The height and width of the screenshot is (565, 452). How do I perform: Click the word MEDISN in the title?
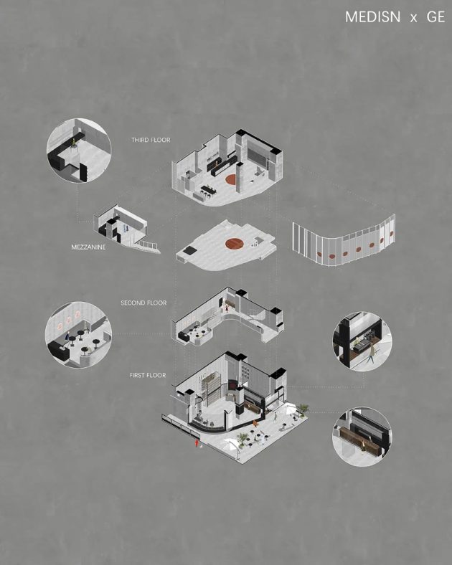372,17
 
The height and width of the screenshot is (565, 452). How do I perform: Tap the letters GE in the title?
435,17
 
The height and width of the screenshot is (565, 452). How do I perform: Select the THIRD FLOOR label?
151,140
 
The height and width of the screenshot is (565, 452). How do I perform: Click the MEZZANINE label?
88,247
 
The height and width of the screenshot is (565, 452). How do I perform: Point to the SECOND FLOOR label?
143,303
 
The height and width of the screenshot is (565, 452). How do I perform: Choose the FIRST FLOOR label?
147,375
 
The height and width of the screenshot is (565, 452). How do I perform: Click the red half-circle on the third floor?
231,179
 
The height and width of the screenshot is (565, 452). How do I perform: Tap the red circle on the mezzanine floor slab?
235,244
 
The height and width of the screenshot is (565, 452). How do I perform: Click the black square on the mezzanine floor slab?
190,251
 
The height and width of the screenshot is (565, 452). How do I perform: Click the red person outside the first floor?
196,443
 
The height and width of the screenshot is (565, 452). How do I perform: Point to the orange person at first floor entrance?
255,423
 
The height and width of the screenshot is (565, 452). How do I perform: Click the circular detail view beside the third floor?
79,151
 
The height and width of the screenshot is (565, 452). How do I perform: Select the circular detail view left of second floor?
78,335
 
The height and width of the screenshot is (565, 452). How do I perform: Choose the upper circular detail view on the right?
362,341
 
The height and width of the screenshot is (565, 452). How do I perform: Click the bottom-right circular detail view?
362,437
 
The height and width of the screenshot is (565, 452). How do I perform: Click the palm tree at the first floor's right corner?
302,409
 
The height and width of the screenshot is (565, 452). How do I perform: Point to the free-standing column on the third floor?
240,177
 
